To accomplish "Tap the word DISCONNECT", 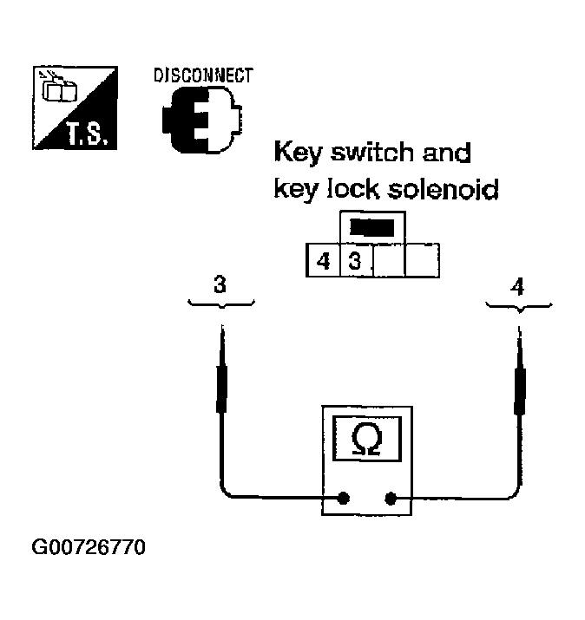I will [x=203, y=75].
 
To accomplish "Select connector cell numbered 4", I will [x=323, y=260].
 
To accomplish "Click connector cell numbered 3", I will [x=354, y=260].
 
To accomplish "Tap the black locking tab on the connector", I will [x=372, y=228].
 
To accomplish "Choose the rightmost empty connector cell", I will [x=421, y=260].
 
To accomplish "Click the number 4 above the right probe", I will [x=518, y=285].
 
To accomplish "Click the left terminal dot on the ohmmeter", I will [x=345, y=499].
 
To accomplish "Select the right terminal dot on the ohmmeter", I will [x=391, y=499].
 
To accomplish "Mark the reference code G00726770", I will [x=89, y=548].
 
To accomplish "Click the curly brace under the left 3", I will [x=221, y=303].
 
